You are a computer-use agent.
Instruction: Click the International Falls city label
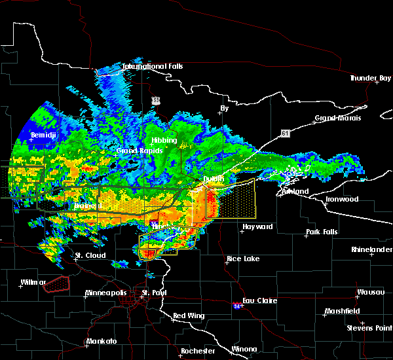tap(153, 67)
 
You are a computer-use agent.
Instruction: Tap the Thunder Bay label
tap(371, 78)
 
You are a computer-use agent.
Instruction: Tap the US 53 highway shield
tap(155, 100)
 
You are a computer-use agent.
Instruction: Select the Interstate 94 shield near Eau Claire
tap(237, 306)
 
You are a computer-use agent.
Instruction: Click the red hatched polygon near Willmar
tap(55, 282)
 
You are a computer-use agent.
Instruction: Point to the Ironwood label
tap(342, 199)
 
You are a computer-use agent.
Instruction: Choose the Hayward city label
tap(257, 227)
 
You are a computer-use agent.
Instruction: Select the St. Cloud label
tap(90, 255)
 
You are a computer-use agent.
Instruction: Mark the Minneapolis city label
tap(109, 293)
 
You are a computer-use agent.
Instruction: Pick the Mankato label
tap(102, 342)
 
